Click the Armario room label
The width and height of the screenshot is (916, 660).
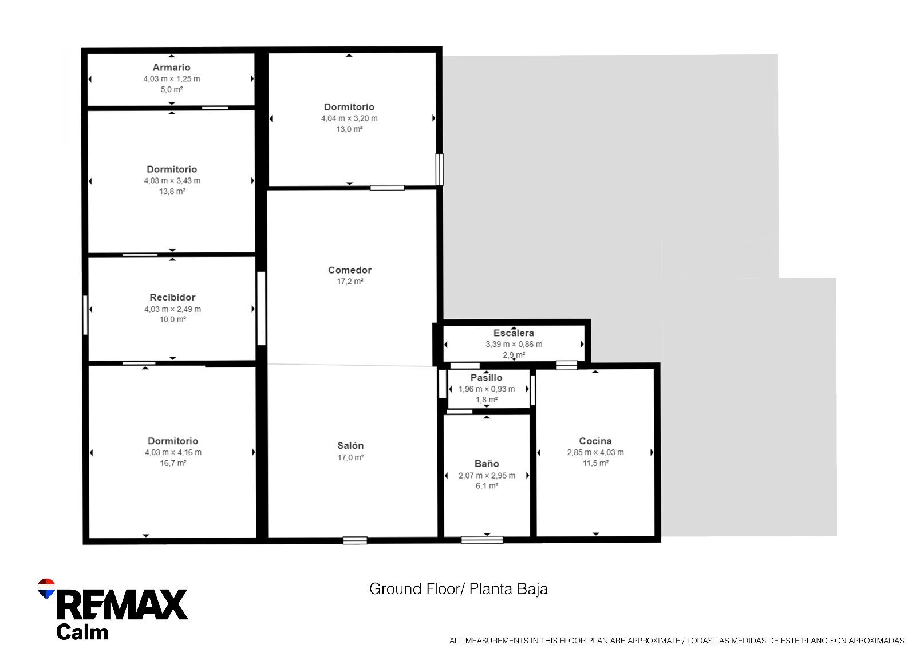coord(171,68)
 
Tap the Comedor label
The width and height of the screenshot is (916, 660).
coord(349,270)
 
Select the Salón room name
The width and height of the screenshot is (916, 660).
coord(350,446)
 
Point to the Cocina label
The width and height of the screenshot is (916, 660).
coord(595,441)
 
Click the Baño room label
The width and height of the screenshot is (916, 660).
coord(487,464)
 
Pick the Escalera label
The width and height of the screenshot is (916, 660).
coord(514,333)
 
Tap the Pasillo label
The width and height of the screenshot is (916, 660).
coord(486,378)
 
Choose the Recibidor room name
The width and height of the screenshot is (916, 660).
coord(172,298)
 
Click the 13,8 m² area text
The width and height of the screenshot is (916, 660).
coord(172,192)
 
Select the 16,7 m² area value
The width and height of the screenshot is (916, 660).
coord(173,463)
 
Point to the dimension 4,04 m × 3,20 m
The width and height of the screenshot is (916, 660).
coord(349,118)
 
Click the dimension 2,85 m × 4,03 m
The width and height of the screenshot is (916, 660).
coord(595,452)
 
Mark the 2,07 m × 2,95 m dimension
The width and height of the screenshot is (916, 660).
coord(487,476)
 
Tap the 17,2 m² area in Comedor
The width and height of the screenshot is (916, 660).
coord(350,282)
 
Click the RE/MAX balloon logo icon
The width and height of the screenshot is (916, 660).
coord(46,588)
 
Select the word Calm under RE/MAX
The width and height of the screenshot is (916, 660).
coord(82,633)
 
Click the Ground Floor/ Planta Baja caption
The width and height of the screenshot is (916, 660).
coord(458,589)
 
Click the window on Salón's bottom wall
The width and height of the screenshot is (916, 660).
coord(355,540)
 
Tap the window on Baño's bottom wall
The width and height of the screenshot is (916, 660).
coord(482,540)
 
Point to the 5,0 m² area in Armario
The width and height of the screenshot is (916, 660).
coord(172,90)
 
